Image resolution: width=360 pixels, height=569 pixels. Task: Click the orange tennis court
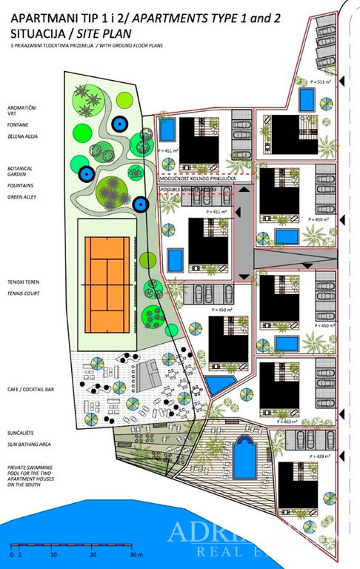tap(107, 274)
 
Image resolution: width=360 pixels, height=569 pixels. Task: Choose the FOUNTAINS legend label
tap(19, 184)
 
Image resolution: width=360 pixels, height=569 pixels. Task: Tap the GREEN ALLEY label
tap(21, 198)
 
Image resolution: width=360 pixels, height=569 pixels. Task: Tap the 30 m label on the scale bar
tap(135, 554)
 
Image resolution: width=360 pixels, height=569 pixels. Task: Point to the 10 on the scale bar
tap(52, 554)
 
